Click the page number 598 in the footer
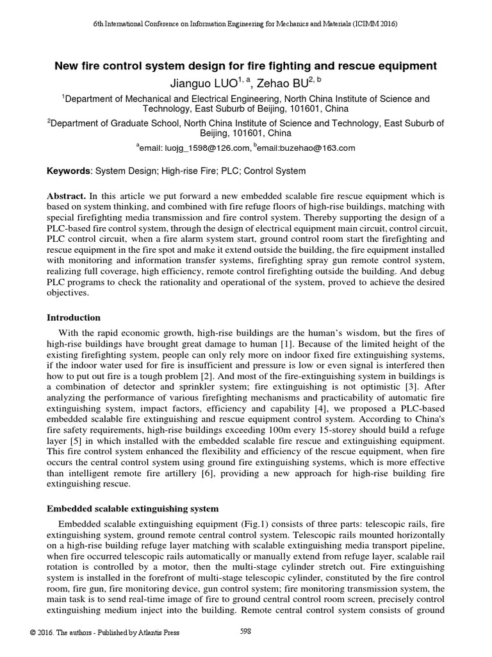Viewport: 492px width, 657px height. point(245,631)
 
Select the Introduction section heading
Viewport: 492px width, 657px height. point(74,317)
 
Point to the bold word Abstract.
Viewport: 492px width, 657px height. point(67,194)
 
